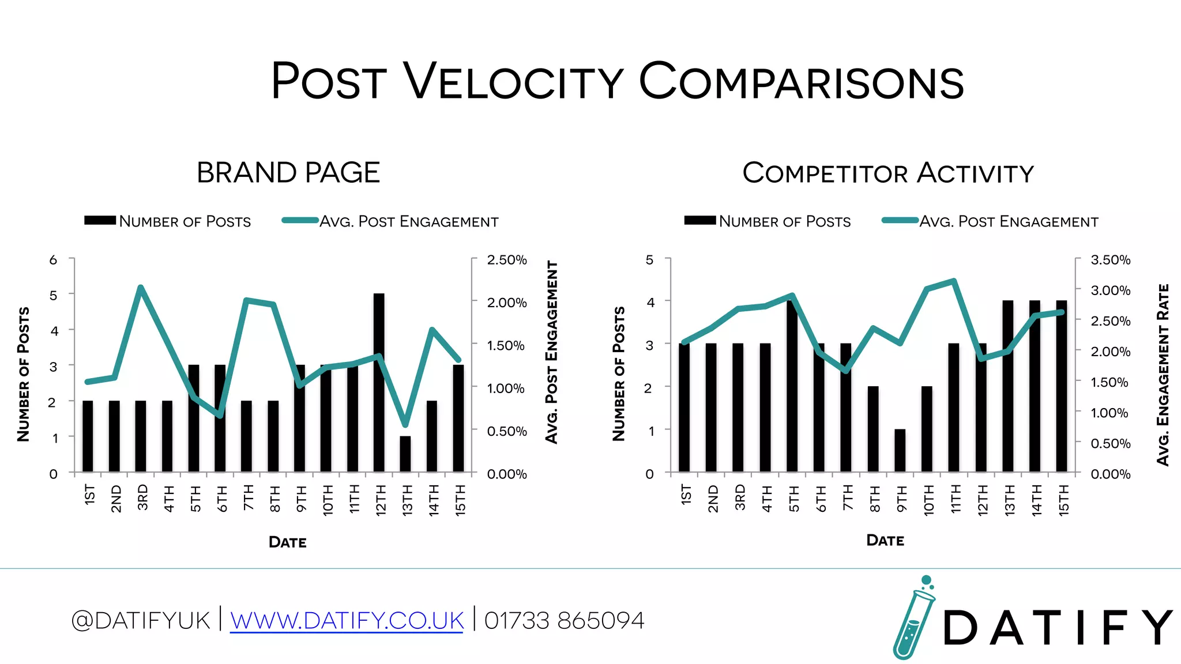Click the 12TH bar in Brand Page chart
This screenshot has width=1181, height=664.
[x=379, y=383]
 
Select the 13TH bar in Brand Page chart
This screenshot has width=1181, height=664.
[x=405, y=454]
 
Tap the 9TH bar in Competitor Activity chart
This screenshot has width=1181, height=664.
[x=900, y=451]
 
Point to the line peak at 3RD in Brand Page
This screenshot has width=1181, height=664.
[x=141, y=287]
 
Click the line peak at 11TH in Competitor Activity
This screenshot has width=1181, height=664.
[x=954, y=281]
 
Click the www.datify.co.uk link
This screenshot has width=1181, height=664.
[x=347, y=621]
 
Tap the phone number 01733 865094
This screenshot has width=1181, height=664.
[x=564, y=621]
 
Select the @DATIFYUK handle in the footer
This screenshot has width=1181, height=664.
[x=140, y=621]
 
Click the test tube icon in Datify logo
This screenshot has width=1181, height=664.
[x=913, y=620]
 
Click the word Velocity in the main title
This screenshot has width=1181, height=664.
[x=513, y=81]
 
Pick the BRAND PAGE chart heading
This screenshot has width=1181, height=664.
[x=288, y=172]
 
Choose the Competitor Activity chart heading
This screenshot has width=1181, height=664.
[x=888, y=173]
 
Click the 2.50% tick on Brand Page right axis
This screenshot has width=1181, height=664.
[x=506, y=260]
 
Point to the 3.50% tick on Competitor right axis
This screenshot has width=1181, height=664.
[x=1110, y=260]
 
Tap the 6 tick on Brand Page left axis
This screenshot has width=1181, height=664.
[x=53, y=260]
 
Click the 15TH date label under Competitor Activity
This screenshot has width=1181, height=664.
[x=1063, y=500]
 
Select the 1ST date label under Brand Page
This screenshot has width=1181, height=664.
[x=89, y=495]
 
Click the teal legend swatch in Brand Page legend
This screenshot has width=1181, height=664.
[x=300, y=220]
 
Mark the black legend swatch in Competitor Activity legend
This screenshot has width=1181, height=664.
[x=699, y=220]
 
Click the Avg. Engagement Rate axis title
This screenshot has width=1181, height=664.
[x=1163, y=375]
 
